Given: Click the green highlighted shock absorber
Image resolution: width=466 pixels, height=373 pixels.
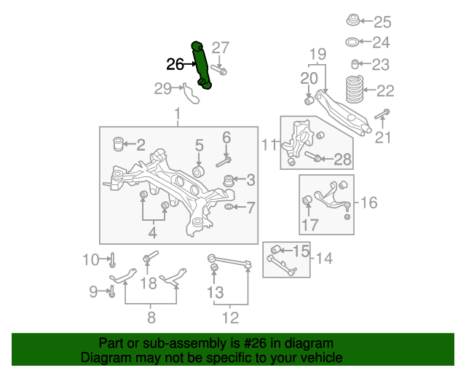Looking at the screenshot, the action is [201, 65].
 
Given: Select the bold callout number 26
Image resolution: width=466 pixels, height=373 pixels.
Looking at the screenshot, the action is [175, 64].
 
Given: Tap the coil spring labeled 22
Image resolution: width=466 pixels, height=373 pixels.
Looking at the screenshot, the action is [355, 89].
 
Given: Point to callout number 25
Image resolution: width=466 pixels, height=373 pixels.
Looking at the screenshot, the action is [382, 22].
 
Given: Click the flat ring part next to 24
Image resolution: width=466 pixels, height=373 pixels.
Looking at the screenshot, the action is [352, 42].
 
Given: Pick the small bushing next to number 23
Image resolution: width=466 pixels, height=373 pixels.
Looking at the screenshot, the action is [355, 64].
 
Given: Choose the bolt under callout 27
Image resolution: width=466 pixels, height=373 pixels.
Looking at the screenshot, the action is [219, 71].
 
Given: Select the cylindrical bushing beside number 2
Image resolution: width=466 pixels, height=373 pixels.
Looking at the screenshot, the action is [119, 144].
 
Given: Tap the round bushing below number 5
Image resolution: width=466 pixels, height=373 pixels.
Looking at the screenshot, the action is [198, 172].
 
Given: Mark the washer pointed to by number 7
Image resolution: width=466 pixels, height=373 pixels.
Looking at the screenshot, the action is [229, 206].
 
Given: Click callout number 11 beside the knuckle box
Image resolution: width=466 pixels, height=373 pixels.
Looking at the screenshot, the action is [269, 145].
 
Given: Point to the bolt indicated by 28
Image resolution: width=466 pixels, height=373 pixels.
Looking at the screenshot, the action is [312, 156].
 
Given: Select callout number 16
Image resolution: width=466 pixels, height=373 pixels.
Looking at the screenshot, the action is [369, 203].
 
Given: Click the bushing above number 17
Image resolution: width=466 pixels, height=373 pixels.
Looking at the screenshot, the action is [307, 200].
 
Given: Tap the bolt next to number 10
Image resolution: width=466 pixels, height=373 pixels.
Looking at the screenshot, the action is [112, 260].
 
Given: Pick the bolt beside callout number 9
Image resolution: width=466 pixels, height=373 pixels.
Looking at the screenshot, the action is [111, 291].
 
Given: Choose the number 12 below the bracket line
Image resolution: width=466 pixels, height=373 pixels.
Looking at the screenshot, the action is [230, 318].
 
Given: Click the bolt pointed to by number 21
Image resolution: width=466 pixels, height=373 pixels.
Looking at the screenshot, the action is [382, 114].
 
